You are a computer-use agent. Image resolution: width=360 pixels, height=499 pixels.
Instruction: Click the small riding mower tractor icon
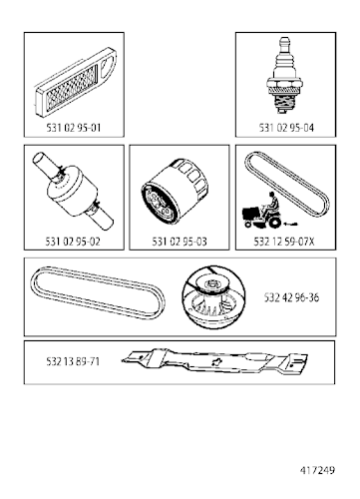point(263,208)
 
